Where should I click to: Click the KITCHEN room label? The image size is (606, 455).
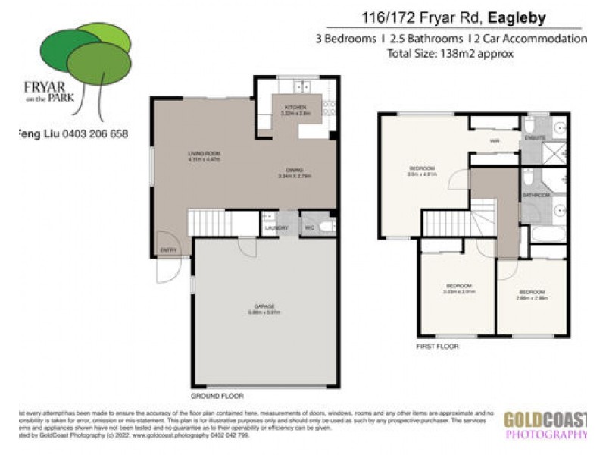[295, 108]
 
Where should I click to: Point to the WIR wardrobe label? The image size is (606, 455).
[494, 141]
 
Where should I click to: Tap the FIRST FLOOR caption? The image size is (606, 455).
[437, 346]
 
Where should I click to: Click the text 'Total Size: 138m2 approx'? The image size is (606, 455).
[450, 54]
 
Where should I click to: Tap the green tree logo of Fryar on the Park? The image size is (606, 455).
[86, 54]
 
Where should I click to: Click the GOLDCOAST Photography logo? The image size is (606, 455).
[546, 425]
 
